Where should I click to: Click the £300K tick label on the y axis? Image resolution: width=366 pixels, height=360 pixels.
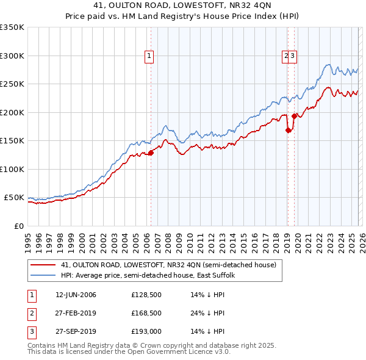click(12, 56)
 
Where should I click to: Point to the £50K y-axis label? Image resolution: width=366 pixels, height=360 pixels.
click(14, 198)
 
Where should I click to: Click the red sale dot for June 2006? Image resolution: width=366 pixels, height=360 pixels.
click(151, 153)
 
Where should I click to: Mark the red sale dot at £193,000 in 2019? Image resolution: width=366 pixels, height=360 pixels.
click(295, 116)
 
